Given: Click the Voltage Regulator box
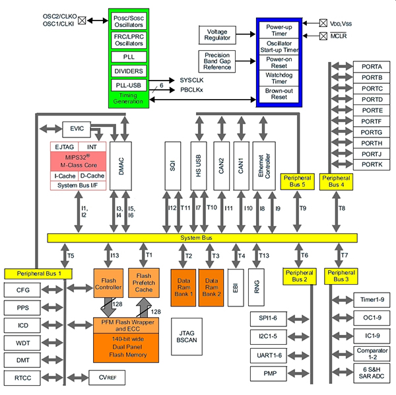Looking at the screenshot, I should click(x=216, y=35).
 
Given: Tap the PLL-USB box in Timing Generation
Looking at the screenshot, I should click(x=129, y=85).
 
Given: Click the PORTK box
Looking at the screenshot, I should click(x=372, y=163).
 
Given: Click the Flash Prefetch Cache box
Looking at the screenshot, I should click(x=145, y=282).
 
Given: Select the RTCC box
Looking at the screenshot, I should click(x=22, y=377).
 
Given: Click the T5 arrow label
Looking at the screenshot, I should click(x=71, y=256).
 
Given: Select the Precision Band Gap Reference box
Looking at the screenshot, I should click(x=216, y=61).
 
